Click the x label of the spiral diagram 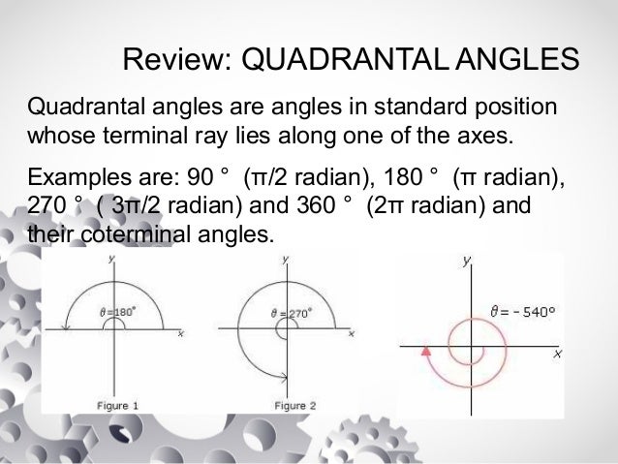point(557,355)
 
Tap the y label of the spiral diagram point(467,261)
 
